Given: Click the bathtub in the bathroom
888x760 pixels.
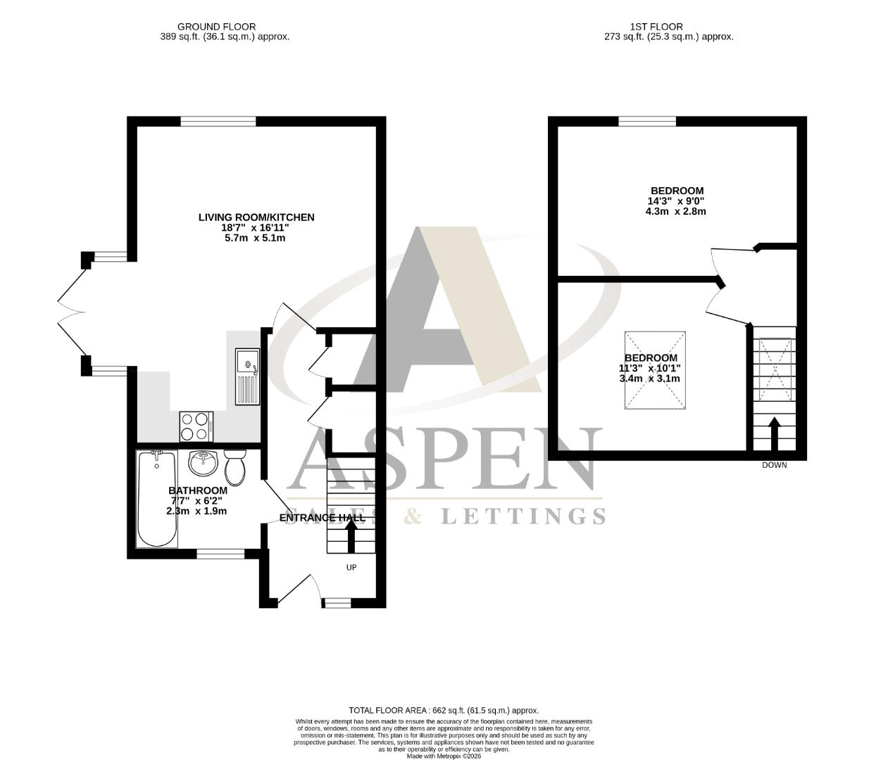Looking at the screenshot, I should click(156, 500).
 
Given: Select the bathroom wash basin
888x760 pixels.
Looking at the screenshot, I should click(205, 462).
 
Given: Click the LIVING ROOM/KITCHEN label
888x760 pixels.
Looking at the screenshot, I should click(256, 217).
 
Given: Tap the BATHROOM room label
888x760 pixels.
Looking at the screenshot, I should click(198, 490).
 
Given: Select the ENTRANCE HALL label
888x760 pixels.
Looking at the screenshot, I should click(323, 518).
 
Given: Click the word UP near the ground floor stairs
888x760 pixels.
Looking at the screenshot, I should click(351, 567).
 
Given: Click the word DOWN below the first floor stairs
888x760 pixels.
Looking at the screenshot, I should click(774, 465).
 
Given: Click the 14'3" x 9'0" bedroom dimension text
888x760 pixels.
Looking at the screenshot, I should click(676, 201).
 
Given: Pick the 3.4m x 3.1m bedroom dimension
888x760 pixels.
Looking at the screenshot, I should click(649, 379).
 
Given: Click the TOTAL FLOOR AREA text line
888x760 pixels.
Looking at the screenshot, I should click(444, 710).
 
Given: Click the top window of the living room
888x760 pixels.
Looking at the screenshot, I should click(218, 121).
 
